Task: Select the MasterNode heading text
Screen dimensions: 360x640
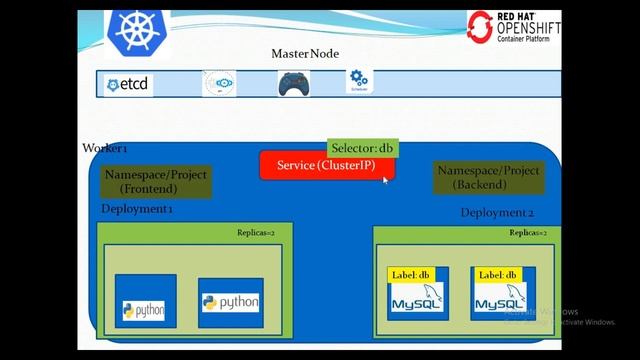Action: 304,53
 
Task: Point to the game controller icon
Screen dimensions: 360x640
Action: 291,84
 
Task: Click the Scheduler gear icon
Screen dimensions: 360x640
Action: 356,80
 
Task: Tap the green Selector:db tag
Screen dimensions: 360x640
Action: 362,148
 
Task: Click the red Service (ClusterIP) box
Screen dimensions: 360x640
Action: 326,166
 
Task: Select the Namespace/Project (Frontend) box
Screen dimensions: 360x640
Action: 155,181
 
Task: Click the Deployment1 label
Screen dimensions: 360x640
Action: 137,209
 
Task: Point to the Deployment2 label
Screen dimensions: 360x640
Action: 497,213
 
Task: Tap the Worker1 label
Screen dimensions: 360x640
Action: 104,148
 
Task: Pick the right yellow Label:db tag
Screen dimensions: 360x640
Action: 497,275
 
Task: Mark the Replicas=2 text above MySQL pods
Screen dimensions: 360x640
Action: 528,233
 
